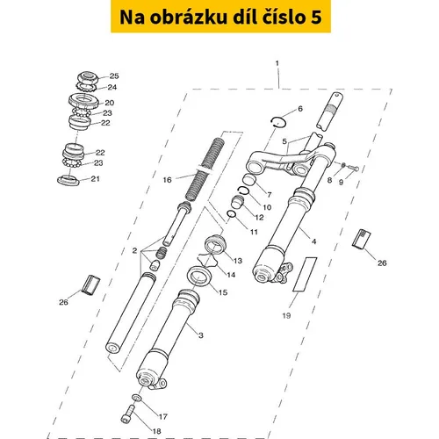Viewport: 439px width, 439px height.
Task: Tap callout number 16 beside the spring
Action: click(x=167, y=180)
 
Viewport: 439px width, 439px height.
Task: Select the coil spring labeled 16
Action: click(x=205, y=169)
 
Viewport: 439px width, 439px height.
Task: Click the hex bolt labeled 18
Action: click(x=128, y=414)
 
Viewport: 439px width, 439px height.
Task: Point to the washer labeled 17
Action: click(x=136, y=398)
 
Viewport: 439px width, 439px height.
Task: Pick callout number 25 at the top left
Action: click(x=114, y=76)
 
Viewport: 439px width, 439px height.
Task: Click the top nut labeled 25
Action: click(x=88, y=77)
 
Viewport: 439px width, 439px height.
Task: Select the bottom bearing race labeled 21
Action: click(x=68, y=180)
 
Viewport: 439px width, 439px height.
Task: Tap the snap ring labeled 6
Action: click(x=278, y=122)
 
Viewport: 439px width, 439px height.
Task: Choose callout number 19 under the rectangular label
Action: click(x=286, y=315)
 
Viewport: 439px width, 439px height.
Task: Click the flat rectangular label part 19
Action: click(x=305, y=274)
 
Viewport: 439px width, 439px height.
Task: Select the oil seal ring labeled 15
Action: click(x=199, y=277)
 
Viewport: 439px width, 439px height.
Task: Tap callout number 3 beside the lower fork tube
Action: click(x=201, y=335)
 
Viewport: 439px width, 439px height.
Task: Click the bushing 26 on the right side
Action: click(x=362, y=239)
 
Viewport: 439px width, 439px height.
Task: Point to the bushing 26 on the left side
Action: click(x=90, y=285)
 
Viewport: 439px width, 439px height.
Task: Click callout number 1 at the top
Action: click(x=277, y=63)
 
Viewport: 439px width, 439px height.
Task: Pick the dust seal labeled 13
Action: click(x=215, y=244)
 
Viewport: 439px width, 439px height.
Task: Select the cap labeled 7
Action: click(x=250, y=179)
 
